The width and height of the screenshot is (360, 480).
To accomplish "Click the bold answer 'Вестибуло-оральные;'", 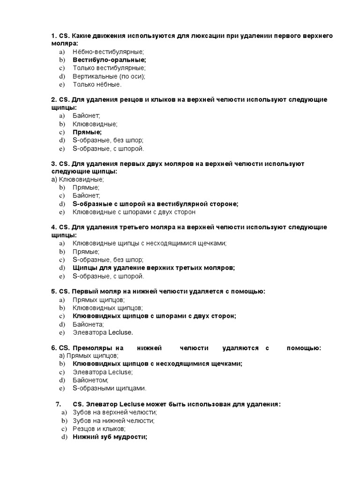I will click(x=109, y=60).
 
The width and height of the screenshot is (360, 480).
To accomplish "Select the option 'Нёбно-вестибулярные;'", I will click(x=108, y=52).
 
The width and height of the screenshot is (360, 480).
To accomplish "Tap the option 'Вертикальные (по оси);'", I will click(x=109, y=76).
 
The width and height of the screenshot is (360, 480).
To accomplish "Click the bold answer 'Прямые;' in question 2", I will click(x=87, y=132).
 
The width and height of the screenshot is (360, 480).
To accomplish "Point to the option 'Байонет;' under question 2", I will click(x=86, y=116).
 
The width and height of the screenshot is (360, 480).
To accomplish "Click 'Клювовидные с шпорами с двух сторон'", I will click(x=134, y=212).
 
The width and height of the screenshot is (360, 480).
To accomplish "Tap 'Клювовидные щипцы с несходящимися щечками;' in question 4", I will click(x=150, y=243).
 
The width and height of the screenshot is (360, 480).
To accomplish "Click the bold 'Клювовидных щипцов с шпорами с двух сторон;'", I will click(x=154, y=316).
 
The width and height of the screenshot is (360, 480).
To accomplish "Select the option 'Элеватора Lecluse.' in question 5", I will click(x=103, y=332).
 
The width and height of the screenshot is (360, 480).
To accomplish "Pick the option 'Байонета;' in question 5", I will click(x=88, y=324).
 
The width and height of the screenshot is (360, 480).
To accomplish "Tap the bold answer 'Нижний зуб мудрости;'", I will click(x=110, y=437).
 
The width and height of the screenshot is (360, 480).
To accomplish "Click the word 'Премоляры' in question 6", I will click(x=92, y=348).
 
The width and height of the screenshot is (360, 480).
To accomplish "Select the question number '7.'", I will click(x=58, y=404).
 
